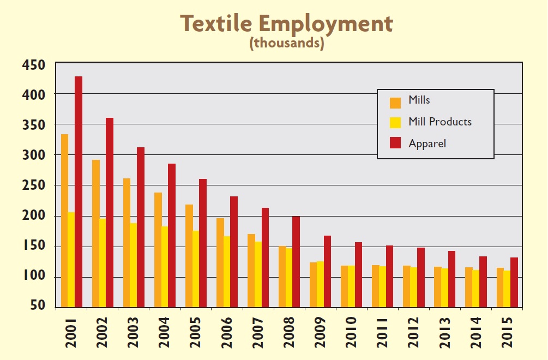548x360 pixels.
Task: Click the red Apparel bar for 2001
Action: [79, 192]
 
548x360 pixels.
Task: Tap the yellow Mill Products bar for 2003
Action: [134, 266]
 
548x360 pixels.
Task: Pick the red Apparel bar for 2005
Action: [203, 243]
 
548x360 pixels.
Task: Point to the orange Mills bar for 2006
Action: [220, 263]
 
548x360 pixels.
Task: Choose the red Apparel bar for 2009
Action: [327, 272]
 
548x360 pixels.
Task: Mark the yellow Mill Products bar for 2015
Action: [507, 289]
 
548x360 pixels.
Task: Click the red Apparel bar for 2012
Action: [420, 278]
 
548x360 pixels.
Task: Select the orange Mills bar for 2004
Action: [158, 250]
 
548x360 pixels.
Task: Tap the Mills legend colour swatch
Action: [395, 101]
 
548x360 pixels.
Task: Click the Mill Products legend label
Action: [439, 122]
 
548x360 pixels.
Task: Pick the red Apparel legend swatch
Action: [395, 143]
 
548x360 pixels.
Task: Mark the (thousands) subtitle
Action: [287, 43]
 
